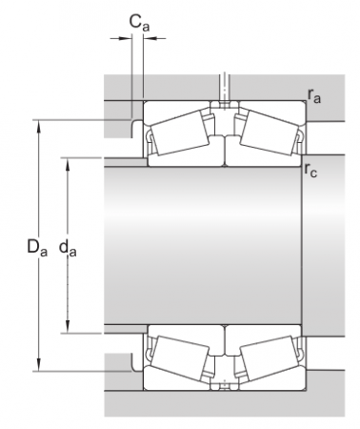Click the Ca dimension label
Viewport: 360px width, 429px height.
tap(139, 23)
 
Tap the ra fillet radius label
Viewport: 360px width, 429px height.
tap(314, 95)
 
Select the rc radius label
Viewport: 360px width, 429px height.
tap(310, 170)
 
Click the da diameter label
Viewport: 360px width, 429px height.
tap(68, 248)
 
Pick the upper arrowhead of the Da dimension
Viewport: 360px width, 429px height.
tap(39, 125)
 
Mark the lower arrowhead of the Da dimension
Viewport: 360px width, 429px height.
tap(39, 365)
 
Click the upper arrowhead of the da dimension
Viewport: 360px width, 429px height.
tap(68, 163)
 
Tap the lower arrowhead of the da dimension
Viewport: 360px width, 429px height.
tap(68, 328)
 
